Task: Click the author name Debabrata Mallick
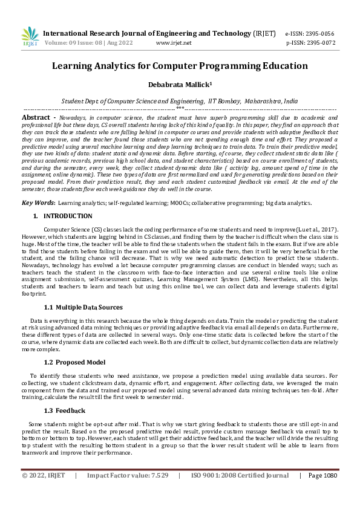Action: pos(178,85)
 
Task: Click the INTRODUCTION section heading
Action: pos(68,216)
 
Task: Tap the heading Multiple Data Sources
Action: pos(89,308)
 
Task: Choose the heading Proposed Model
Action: pos(80,362)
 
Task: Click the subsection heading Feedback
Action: pos(70,410)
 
